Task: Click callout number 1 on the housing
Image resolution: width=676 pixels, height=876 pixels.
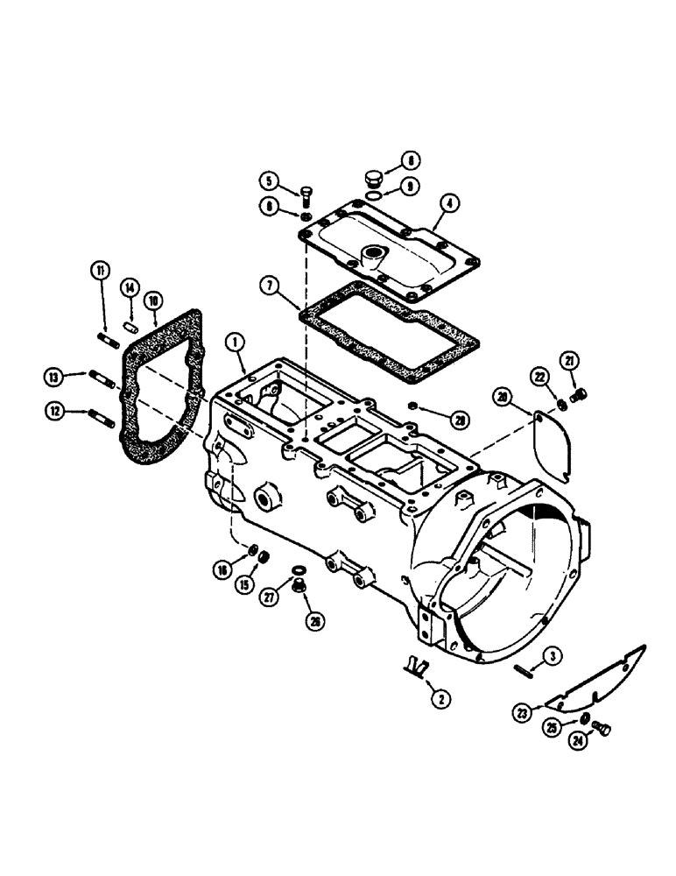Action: (x=234, y=340)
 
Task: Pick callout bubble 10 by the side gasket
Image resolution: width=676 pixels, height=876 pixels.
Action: (x=154, y=300)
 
